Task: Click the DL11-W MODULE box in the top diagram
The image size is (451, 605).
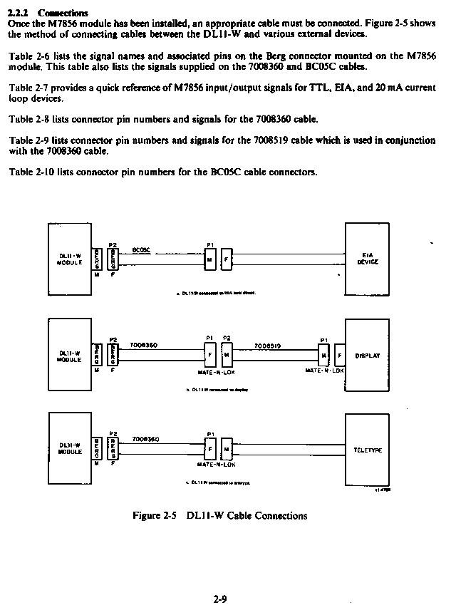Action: pos(70,259)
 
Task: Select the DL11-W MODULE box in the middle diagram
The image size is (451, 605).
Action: pos(70,354)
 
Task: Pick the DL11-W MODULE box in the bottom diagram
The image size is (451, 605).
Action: pos(70,449)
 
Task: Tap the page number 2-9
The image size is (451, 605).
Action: pos(219,599)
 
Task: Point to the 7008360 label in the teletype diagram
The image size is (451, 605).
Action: pos(145,440)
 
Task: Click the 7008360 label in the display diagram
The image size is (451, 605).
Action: pos(144,345)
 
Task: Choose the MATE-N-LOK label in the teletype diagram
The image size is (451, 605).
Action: pos(217,465)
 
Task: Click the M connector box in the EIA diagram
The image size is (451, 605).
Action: pos(209,259)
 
